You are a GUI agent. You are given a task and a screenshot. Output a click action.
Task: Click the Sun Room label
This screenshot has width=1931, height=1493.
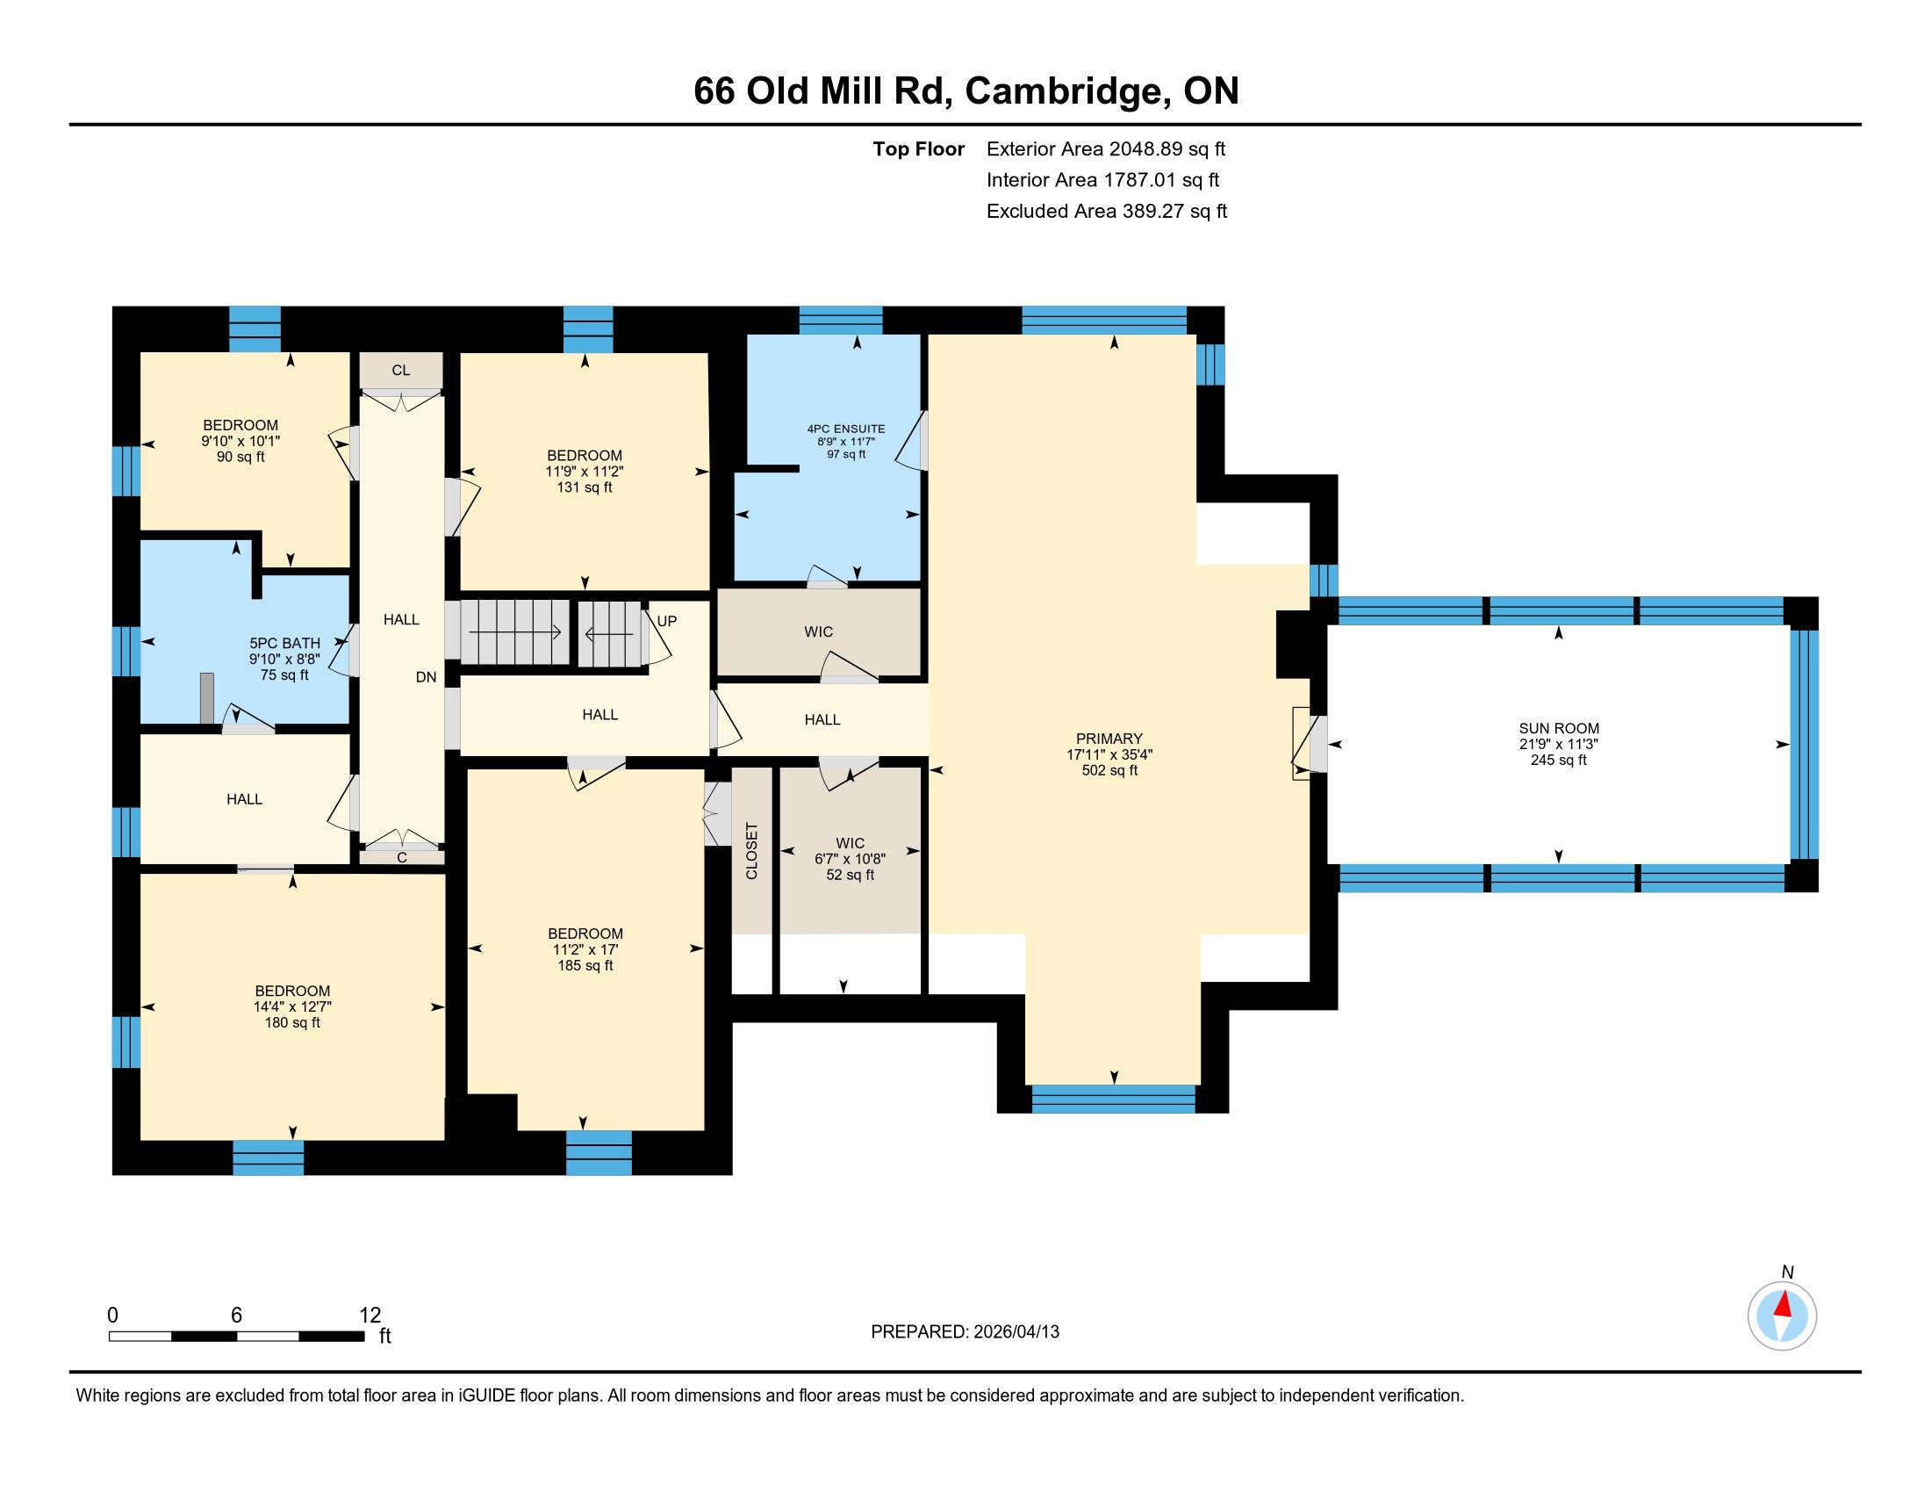(1559, 729)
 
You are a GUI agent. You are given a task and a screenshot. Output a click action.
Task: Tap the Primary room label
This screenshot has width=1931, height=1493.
(1109, 739)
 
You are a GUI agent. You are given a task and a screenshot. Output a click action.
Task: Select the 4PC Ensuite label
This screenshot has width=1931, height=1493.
(846, 429)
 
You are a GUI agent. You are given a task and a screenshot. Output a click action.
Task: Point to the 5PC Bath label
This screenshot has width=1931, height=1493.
(284, 643)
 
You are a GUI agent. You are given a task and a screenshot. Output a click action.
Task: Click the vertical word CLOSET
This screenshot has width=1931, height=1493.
(751, 851)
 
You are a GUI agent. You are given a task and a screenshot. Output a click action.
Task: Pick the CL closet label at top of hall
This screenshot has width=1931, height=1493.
(400, 370)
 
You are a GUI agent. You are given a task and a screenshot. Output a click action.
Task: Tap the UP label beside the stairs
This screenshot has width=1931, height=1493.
(667, 621)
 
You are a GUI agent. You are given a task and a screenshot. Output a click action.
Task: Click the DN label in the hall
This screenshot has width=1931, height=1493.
(427, 676)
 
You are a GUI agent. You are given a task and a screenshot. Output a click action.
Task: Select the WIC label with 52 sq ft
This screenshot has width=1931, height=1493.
(851, 843)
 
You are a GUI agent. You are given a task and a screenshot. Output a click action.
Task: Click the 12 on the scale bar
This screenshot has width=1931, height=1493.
(370, 1315)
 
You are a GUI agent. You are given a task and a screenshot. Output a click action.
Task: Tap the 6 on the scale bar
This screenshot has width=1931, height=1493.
(236, 1315)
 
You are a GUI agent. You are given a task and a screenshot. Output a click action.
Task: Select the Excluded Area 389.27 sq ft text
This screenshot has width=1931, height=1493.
(1107, 212)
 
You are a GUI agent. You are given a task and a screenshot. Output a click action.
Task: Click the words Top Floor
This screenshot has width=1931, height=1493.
(919, 148)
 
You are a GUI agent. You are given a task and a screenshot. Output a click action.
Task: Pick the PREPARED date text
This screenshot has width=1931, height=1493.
(965, 1332)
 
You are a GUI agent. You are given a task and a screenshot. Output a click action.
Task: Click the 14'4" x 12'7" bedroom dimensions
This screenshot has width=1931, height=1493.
(292, 1006)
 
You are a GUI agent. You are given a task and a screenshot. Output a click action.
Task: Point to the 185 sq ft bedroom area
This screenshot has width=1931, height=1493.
(585, 965)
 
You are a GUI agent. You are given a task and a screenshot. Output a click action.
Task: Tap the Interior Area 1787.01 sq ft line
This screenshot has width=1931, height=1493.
(1102, 180)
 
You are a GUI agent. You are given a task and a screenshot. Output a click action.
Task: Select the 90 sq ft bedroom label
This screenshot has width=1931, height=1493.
(240, 457)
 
